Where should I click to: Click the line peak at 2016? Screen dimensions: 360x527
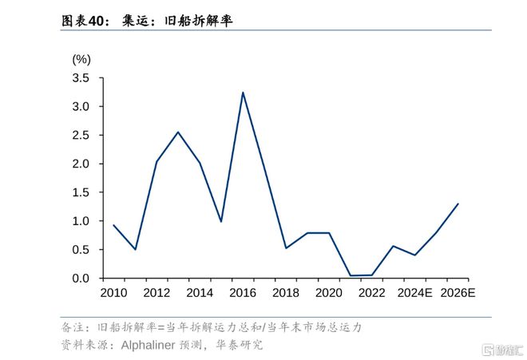click(x=243, y=93)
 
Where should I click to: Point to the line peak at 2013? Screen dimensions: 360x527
click(x=178, y=132)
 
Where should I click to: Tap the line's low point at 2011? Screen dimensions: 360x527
click(x=135, y=249)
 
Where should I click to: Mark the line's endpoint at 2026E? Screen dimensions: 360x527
click(x=458, y=204)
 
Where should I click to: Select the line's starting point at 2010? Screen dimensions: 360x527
click(x=113, y=225)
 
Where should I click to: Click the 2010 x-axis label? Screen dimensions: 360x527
click(x=113, y=293)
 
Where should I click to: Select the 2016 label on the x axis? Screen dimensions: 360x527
click(x=243, y=293)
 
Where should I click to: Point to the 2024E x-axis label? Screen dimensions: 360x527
click(x=415, y=293)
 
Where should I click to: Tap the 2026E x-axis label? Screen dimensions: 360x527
click(x=458, y=293)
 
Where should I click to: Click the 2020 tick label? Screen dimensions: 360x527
click(x=329, y=293)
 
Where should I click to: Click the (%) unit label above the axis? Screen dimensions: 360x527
click(x=81, y=59)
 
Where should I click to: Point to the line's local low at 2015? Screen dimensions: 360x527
click(x=221, y=221)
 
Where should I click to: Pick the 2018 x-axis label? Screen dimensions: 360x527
click(x=286, y=293)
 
